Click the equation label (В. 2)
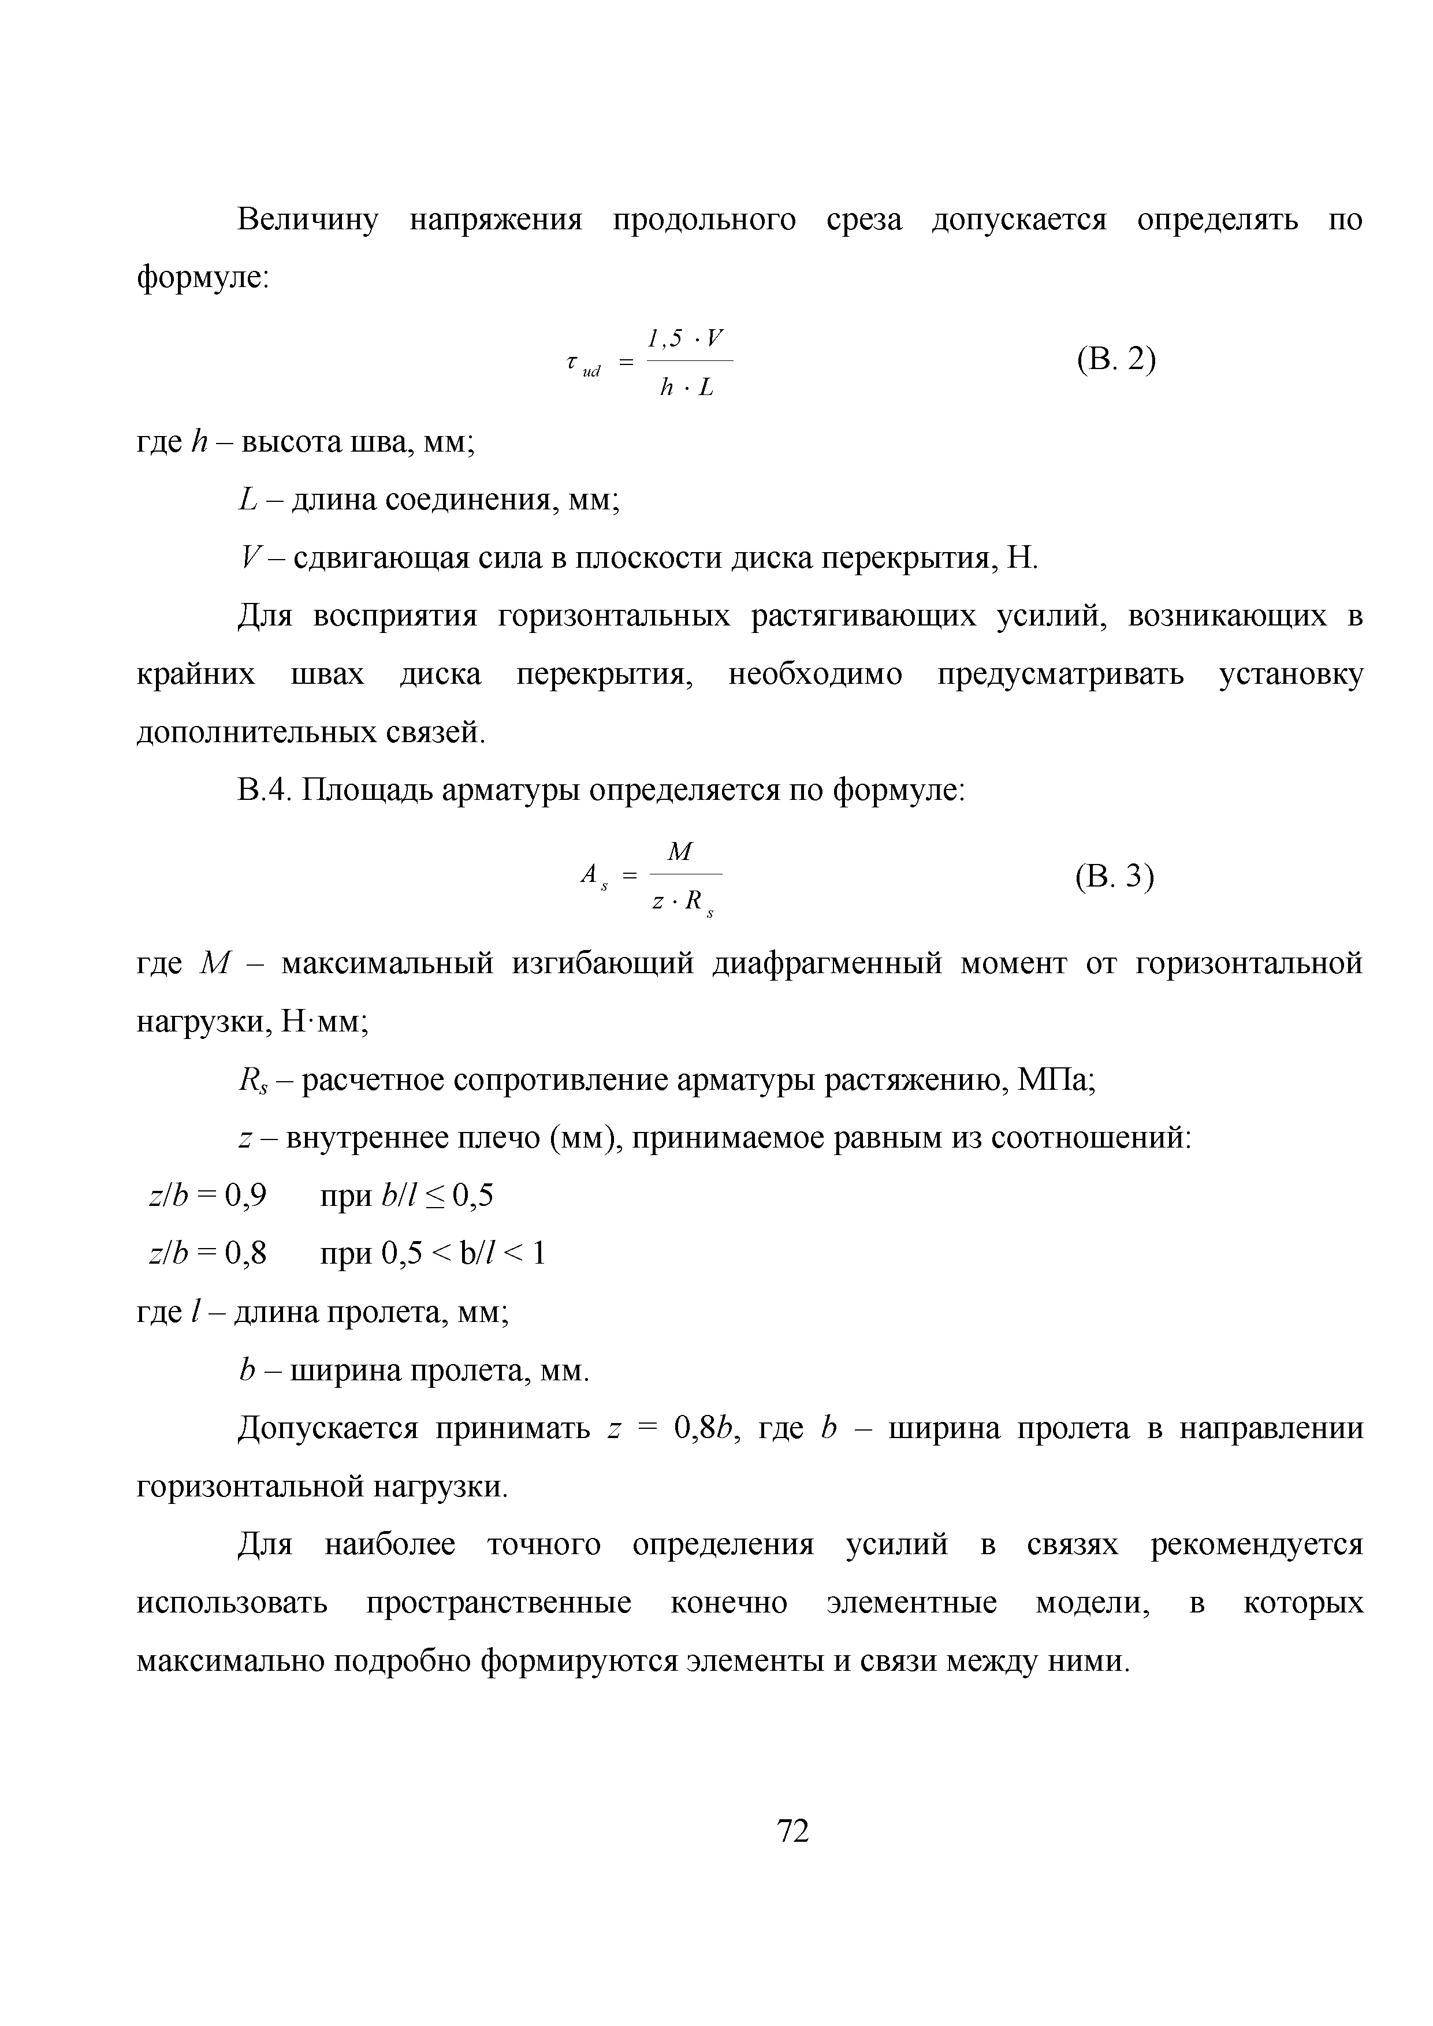point(1115,360)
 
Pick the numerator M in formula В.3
point(680,851)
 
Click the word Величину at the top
point(308,219)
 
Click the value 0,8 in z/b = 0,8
point(246,1253)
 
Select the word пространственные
point(498,1603)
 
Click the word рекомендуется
point(1256,1544)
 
